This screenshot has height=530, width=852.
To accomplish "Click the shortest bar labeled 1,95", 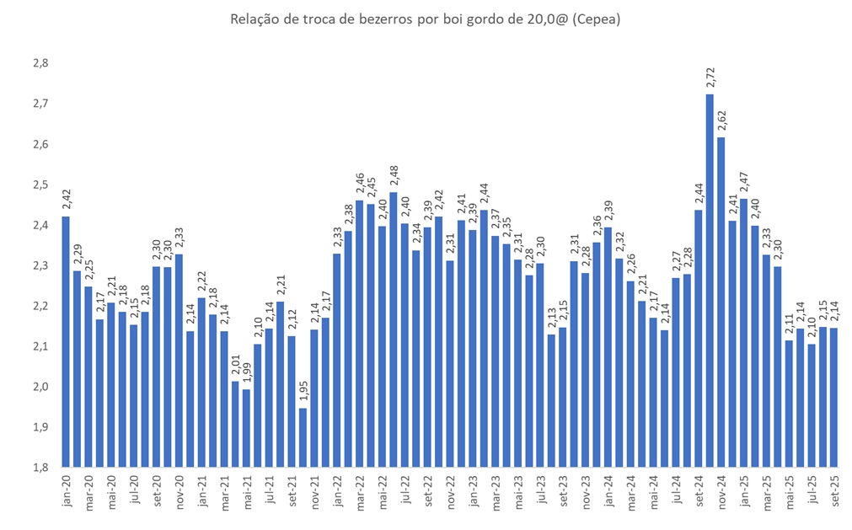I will point(303,437).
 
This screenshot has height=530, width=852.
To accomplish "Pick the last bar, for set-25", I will point(834,397).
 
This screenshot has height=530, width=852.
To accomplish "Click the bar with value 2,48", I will point(394,329).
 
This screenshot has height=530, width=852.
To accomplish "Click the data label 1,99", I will point(247,372).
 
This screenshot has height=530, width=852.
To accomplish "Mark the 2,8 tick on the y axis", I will point(40,63).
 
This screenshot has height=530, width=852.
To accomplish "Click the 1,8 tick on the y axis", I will point(40,468).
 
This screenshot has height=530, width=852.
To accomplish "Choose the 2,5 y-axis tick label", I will point(40,185).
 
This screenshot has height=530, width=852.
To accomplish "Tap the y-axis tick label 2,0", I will point(40,387).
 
